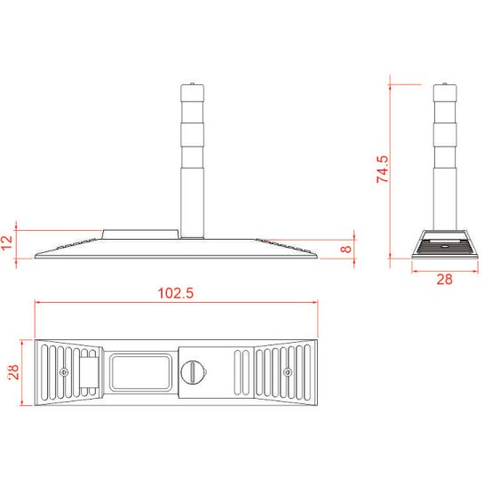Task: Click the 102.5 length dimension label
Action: pyautogui.click(x=176, y=293)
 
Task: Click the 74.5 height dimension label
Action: pyautogui.click(x=383, y=169)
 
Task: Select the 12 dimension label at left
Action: pyautogui.click(x=7, y=242)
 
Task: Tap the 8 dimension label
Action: pyautogui.click(x=346, y=249)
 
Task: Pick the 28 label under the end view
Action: pyautogui.click(x=445, y=279)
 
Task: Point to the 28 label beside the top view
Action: pyautogui.click(x=14, y=372)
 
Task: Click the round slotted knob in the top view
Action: pyautogui.click(x=194, y=372)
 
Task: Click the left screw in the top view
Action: pyautogui.click(x=64, y=372)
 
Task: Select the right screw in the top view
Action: pyautogui.click(x=288, y=372)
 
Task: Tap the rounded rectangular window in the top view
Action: pyautogui.click(x=141, y=372)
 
